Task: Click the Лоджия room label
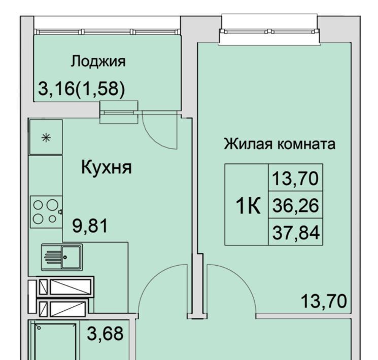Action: tap(98, 62)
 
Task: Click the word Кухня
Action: tap(107, 167)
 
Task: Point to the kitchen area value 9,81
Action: tap(90, 226)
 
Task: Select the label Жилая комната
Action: tap(280, 144)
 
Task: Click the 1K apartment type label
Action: tap(248, 205)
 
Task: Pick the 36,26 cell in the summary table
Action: tap(296, 205)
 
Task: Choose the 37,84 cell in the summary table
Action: tap(296, 232)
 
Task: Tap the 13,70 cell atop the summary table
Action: tap(296, 178)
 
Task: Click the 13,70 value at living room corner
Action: tap(324, 301)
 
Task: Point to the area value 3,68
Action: tap(106, 334)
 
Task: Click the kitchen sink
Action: tap(62, 257)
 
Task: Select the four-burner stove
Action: tap(46, 212)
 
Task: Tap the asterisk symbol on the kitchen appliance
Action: tap(46, 138)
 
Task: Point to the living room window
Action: tap(269, 31)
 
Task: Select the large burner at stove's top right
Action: tap(52, 205)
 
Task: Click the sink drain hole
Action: tap(65, 258)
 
